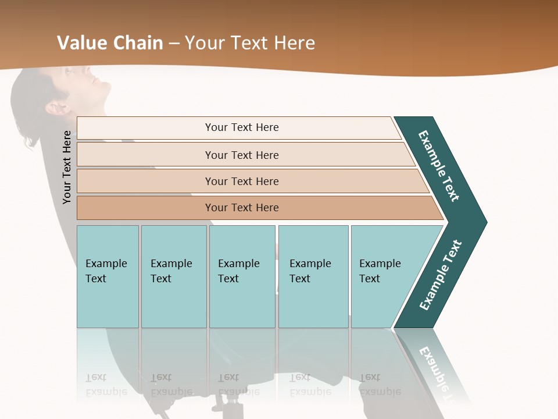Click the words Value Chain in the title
(x=110, y=42)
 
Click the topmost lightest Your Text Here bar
(x=241, y=127)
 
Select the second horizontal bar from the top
(x=241, y=155)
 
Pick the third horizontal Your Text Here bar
(x=241, y=181)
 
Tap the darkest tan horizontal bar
(x=241, y=208)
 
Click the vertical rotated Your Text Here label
(x=67, y=167)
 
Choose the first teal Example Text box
(x=108, y=276)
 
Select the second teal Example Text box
(x=173, y=276)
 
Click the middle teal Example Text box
(x=242, y=276)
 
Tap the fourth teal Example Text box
(x=313, y=276)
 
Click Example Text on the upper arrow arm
(x=439, y=166)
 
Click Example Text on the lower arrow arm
(x=440, y=275)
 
